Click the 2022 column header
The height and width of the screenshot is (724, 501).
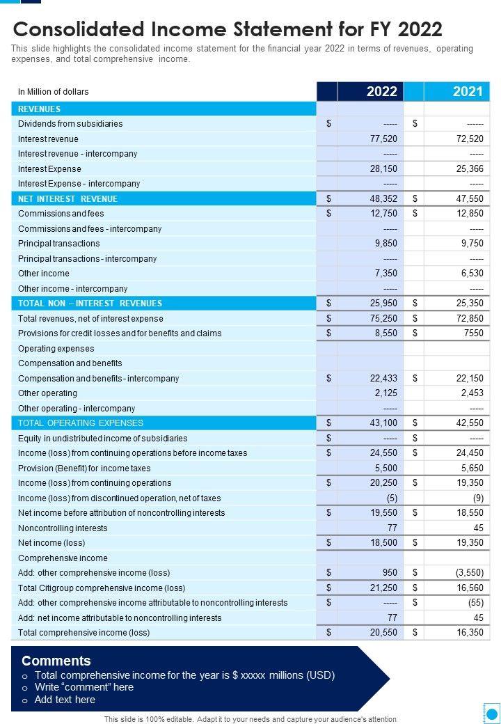(381, 91)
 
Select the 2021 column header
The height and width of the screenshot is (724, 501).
(467, 91)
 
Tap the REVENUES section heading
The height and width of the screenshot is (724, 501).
(39, 109)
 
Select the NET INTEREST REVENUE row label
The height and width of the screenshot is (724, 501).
(67, 199)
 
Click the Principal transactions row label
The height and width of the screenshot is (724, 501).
(58, 244)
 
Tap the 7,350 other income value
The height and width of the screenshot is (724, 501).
(385, 274)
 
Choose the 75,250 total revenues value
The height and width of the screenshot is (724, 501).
(383, 319)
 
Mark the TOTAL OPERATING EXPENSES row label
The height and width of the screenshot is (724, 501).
(80, 423)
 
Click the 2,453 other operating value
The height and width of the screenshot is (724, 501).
(472, 393)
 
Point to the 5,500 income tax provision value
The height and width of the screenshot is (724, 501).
(385, 469)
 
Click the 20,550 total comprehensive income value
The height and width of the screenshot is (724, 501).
(383, 633)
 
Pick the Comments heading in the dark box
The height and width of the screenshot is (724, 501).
(56, 661)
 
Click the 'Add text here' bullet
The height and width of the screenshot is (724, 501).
(65, 700)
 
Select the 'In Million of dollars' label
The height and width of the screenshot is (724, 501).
(53, 92)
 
